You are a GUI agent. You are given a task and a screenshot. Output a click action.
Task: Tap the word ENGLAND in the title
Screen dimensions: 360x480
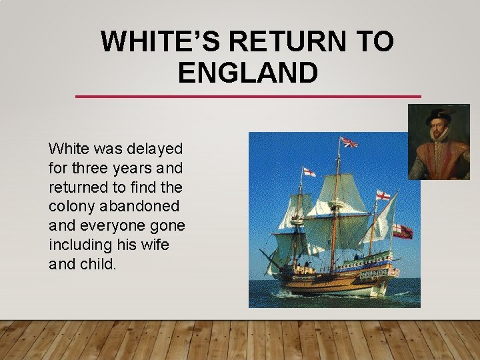(248, 73)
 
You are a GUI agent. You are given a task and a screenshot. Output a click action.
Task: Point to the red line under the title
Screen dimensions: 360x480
(248, 97)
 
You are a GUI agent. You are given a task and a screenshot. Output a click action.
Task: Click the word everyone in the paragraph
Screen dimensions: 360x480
(105, 225)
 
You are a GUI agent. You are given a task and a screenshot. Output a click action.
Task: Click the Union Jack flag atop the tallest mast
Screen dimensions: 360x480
(349, 142)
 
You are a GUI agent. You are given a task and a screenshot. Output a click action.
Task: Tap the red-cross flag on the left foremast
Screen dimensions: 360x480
(309, 172)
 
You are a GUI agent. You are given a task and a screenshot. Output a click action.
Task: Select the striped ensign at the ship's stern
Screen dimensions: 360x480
(403, 231)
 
